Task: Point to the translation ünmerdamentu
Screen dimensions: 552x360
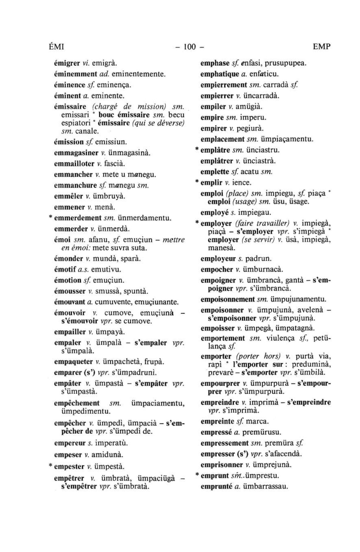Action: click(x=144, y=218)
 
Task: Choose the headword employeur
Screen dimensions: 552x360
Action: click(x=218, y=259)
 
